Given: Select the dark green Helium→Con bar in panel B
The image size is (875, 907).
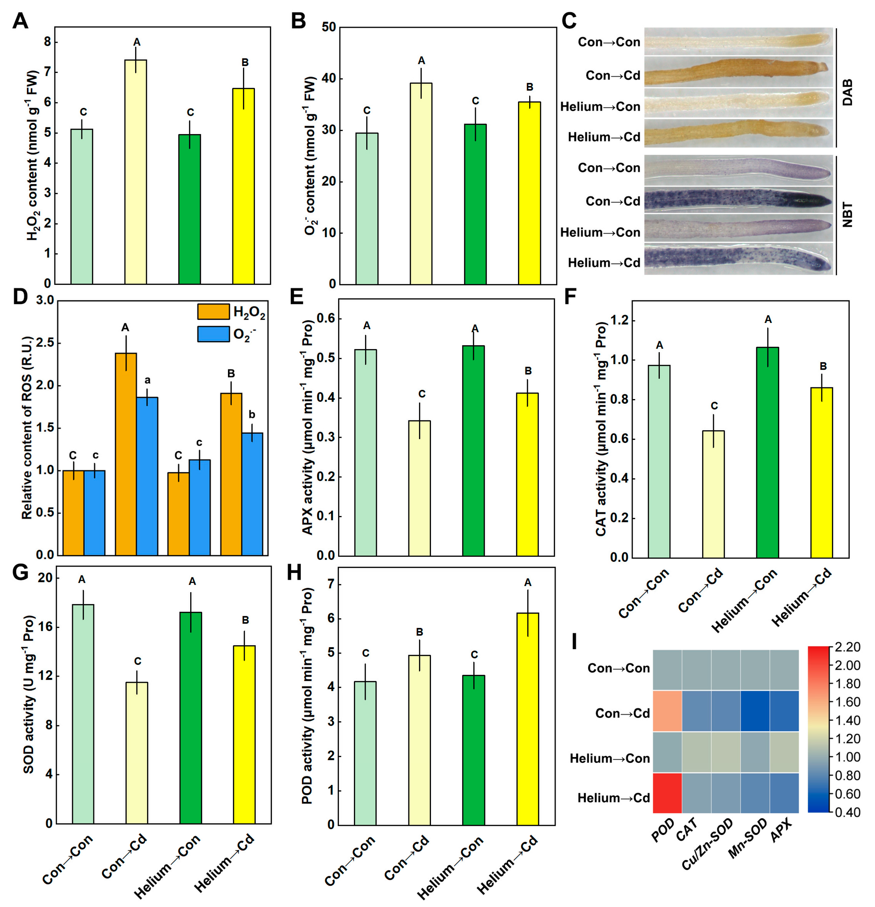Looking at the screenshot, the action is tap(475, 204).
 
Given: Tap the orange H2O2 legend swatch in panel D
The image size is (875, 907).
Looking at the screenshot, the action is tap(213, 311).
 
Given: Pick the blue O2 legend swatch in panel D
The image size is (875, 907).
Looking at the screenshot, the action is tap(213, 334).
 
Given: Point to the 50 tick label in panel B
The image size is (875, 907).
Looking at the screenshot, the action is tap(328, 27).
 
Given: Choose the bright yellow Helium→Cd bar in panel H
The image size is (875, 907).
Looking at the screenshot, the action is tap(528, 719).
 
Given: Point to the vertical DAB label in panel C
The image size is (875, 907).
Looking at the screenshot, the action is tap(847, 92).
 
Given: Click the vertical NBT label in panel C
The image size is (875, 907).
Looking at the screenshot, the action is tap(847, 215).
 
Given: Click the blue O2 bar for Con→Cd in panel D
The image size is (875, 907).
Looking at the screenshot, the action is tap(147, 476).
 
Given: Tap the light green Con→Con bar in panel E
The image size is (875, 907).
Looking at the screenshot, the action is tap(366, 453).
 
